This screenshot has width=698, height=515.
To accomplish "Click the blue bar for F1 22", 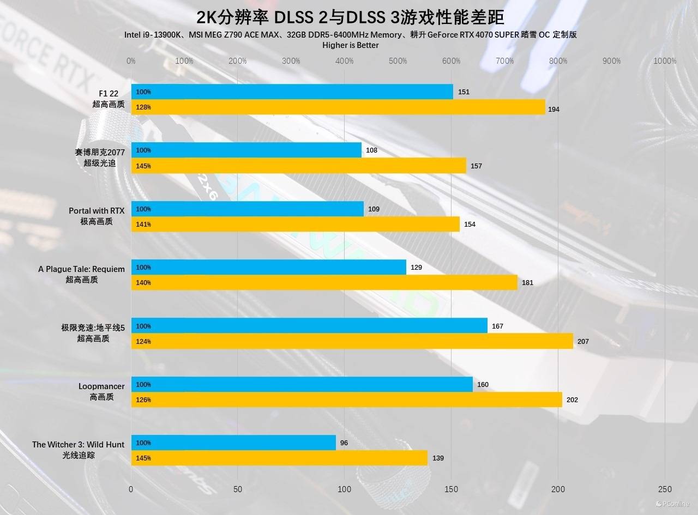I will [292, 92].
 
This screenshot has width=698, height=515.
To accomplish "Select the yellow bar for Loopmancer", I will [346, 399].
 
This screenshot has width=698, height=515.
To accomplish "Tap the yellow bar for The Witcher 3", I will [279, 458].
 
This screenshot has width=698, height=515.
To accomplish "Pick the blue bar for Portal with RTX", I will [247, 209].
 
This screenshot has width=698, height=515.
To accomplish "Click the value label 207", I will [583, 341].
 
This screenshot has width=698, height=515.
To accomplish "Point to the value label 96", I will [344, 443].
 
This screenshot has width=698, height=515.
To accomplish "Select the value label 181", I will [527, 282].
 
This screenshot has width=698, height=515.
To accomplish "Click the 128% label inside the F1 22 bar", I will [143, 107].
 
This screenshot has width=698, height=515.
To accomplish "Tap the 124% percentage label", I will [143, 342].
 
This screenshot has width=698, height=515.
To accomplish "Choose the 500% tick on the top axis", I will [398, 61].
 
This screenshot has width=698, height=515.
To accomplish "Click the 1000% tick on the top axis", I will [665, 61].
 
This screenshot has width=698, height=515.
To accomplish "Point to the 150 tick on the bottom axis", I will [451, 489].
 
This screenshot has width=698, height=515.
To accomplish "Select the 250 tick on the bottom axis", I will [665, 489].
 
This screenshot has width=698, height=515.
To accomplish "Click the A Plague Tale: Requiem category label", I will [81, 274].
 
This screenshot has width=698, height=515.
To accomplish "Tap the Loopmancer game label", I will [101, 391].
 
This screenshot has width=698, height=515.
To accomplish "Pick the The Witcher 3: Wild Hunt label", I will [78, 450].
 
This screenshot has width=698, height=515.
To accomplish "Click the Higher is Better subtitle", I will [351, 45].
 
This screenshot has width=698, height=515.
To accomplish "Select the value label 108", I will [371, 150].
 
